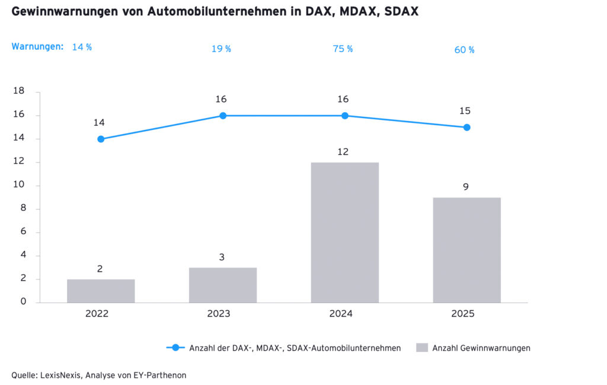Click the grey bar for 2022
pyautogui.click(x=101, y=291)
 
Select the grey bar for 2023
pyautogui.click(x=223, y=285)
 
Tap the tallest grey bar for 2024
pyautogui.click(x=344, y=233)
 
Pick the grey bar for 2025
pyautogui.click(x=467, y=250)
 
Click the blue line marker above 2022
pyautogui.click(x=101, y=139)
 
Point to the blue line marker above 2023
pyautogui.click(x=223, y=116)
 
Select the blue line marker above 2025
pyautogui.click(x=467, y=127)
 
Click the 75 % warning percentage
pyautogui.click(x=343, y=49)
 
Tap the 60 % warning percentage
pyautogui.click(x=464, y=50)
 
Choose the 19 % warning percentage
pyautogui.click(x=221, y=49)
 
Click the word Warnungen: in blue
pyautogui.click(x=37, y=46)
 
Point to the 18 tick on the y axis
pyautogui.click(x=18, y=91)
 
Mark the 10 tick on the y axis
pyautogui.click(x=18, y=185)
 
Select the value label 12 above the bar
pyautogui.click(x=343, y=152)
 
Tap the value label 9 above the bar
pyautogui.click(x=466, y=187)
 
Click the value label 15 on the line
pyautogui.click(x=465, y=111)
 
